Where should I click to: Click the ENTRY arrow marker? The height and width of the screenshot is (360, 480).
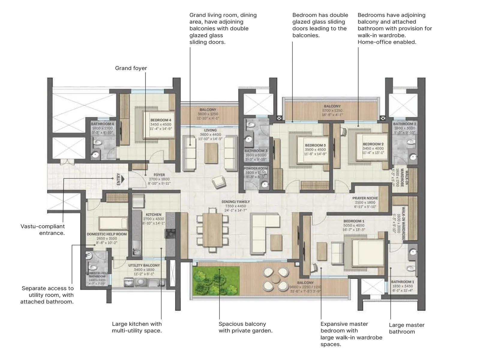(120, 179)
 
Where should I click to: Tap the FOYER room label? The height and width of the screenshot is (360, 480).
(159, 175)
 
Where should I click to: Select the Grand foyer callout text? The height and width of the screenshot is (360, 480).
(131, 68)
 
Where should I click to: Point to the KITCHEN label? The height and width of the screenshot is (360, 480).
(153, 215)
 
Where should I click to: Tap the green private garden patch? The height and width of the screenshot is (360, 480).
(216, 280)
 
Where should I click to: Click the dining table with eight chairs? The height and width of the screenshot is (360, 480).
(212, 230)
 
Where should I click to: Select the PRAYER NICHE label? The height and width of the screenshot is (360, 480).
(365, 198)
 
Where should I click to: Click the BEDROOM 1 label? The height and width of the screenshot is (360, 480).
(354, 221)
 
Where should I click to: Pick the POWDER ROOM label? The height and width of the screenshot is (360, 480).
(256, 169)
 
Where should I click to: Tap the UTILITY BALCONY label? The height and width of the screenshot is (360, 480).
(144, 265)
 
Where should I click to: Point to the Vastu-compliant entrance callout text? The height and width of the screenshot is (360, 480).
(43, 230)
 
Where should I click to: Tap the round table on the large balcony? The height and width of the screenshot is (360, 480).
(275, 279)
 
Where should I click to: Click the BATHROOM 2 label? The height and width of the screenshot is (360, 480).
(404, 124)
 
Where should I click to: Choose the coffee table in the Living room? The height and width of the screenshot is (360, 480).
(211, 153)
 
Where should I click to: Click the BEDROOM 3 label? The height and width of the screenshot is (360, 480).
(315, 145)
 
